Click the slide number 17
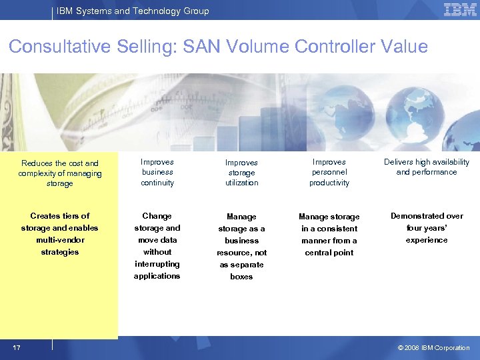click(x=16, y=347)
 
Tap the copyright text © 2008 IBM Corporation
click(x=433, y=347)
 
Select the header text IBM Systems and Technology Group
click(x=133, y=11)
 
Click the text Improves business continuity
click(x=157, y=172)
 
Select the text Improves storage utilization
click(x=241, y=173)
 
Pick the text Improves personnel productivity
click(x=329, y=172)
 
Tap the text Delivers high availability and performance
click(x=427, y=167)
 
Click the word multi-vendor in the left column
click(x=60, y=240)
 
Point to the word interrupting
click(x=157, y=264)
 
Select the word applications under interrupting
click(x=157, y=276)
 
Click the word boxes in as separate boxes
click(x=241, y=277)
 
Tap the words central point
click(x=329, y=253)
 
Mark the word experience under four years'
click(x=427, y=240)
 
